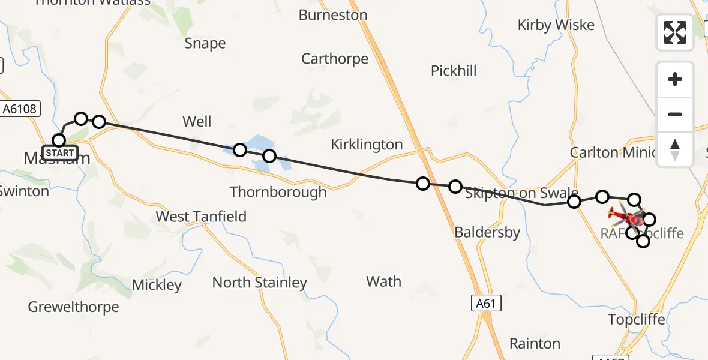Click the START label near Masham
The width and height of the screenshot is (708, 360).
60,153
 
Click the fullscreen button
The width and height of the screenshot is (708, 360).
675,32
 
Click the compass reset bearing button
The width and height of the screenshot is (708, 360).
675,149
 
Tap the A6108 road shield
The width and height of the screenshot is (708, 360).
20,109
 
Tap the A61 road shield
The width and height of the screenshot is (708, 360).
485,304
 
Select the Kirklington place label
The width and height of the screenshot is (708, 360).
367,145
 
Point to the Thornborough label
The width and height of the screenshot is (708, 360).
278,192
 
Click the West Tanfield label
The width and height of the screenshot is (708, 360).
201,217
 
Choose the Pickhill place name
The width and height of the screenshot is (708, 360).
454,71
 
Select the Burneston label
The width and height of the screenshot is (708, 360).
333,15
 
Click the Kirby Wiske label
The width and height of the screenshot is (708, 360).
556,25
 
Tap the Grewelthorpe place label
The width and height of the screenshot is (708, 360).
73,307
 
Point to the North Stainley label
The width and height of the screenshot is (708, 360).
259,282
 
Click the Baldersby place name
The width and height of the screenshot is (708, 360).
487,232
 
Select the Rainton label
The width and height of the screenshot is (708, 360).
535,344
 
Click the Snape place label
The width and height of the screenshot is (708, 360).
205,43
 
